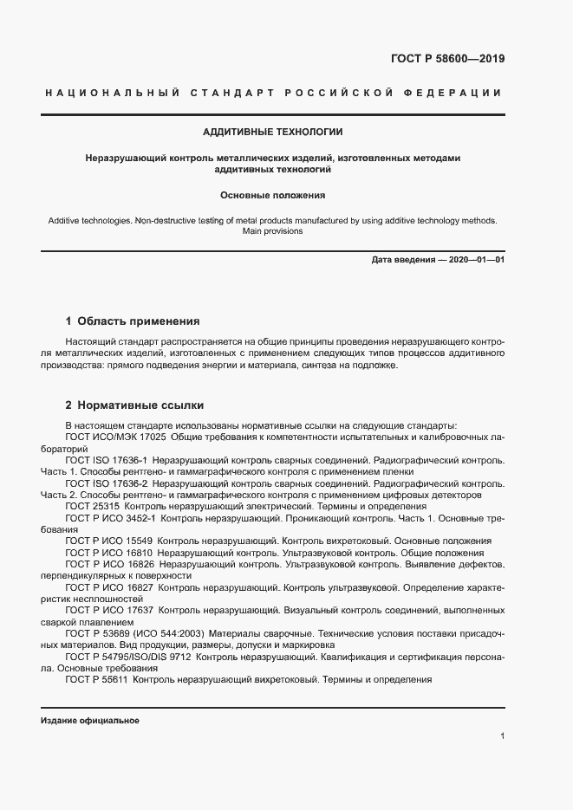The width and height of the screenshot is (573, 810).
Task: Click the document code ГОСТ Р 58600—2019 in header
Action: [x=441, y=60]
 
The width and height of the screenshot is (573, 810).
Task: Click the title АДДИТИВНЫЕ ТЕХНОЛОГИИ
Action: [x=272, y=133]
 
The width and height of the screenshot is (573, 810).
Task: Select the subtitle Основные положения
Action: [x=272, y=196]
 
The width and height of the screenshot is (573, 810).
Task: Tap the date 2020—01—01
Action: [x=474, y=260]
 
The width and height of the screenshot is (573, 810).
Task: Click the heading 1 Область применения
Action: [x=133, y=321]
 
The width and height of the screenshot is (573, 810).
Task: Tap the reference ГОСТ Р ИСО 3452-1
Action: [x=110, y=517]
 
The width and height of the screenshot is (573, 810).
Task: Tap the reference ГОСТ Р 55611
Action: [x=97, y=679]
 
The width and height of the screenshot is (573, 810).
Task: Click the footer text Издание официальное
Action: [x=89, y=721]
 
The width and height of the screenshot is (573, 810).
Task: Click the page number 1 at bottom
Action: [x=503, y=735]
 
